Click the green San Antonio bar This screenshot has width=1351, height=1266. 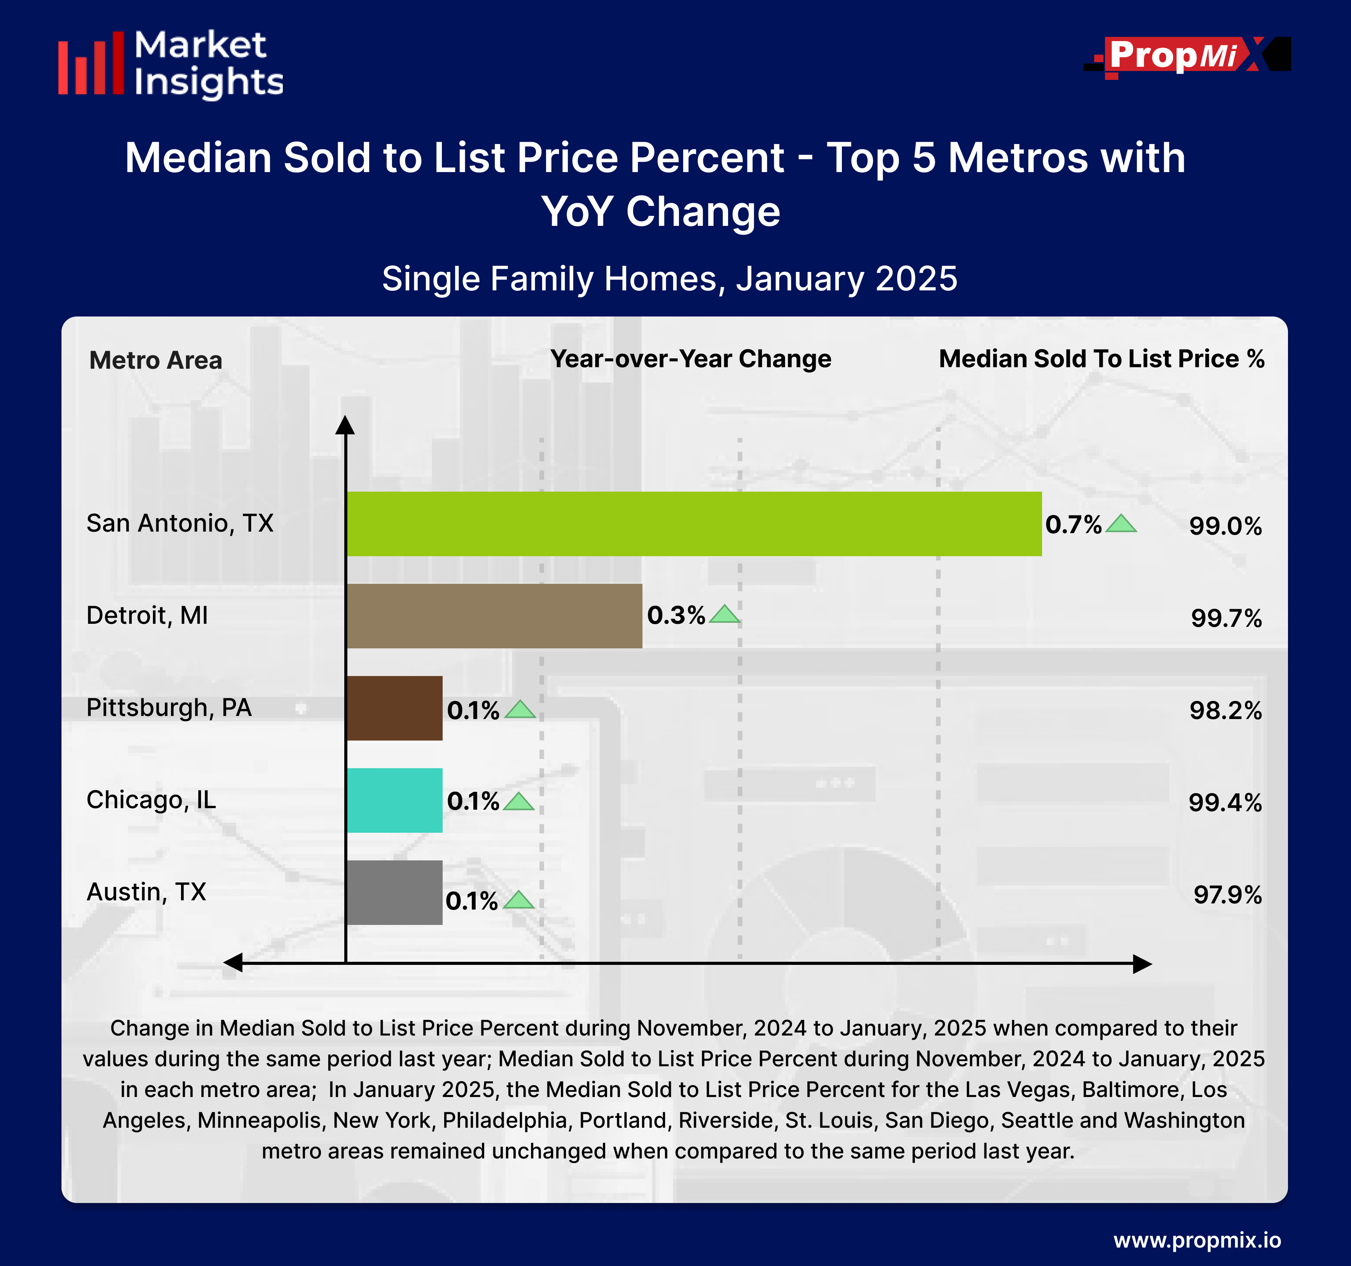tap(693, 524)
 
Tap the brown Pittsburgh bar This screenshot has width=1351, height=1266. tap(394, 708)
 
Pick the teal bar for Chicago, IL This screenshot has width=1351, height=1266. tap(394, 800)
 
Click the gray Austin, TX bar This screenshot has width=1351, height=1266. tap(394, 892)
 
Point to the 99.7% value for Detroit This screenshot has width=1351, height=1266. tap(1226, 618)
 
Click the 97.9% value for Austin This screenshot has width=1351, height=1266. tap(1227, 895)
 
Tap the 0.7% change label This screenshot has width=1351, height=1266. tap(1073, 524)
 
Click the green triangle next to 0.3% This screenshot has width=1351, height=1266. tap(724, 615)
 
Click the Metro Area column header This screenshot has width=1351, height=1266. tap(156, 360)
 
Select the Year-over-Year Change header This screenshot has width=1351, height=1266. tap(690, 359)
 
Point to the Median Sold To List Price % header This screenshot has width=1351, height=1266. tap(1101, 359)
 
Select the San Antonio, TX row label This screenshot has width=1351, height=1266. tap(180, 523)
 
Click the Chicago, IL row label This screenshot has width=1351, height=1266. tap(151, 799)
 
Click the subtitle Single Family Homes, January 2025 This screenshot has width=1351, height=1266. tap(669, 278)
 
